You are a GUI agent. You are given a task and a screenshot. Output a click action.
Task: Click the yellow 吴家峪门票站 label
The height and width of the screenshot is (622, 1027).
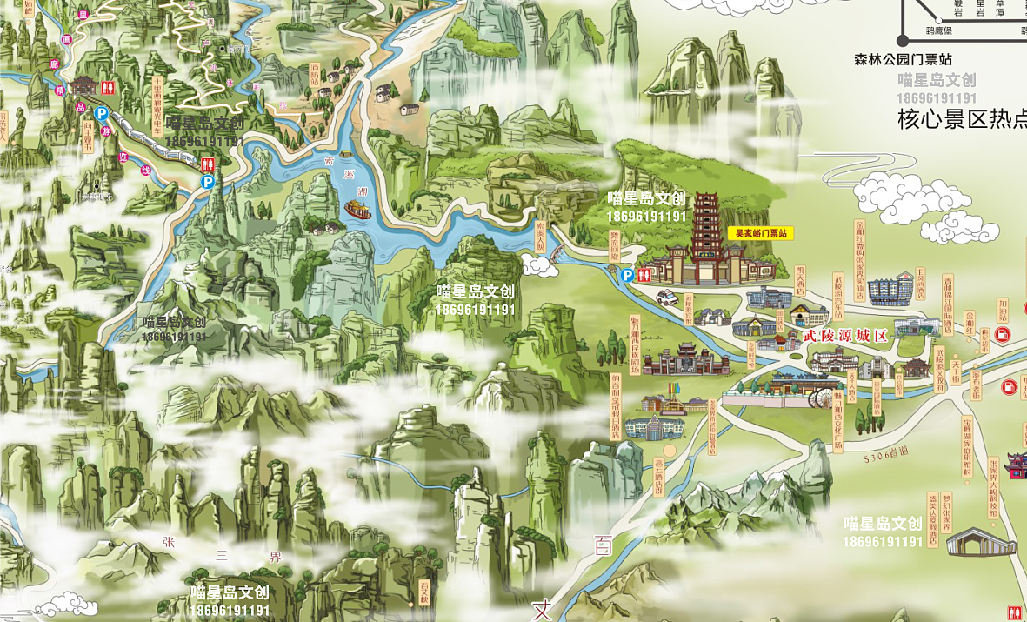tap(761, 234)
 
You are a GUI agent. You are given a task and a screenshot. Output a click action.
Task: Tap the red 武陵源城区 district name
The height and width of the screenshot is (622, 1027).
tap(844, 336)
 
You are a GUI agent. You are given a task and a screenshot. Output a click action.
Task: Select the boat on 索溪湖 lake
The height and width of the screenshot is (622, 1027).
tap(357, 210)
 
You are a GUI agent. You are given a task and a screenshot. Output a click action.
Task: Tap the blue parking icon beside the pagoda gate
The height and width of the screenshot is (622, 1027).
tap(628, 275)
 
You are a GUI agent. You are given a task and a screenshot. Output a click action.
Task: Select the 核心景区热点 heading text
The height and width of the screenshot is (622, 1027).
tap(962, 120)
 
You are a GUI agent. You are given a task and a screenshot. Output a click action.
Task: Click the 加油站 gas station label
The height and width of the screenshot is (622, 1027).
tap(1002, 311)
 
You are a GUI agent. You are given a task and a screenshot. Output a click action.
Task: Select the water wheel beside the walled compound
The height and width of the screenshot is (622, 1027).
tap(820, 398)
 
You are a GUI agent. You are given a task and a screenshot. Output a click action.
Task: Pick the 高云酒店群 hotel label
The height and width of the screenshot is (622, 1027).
tap(658, 474)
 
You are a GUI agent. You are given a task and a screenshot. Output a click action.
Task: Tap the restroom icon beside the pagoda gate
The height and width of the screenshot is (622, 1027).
tap(644, 274)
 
